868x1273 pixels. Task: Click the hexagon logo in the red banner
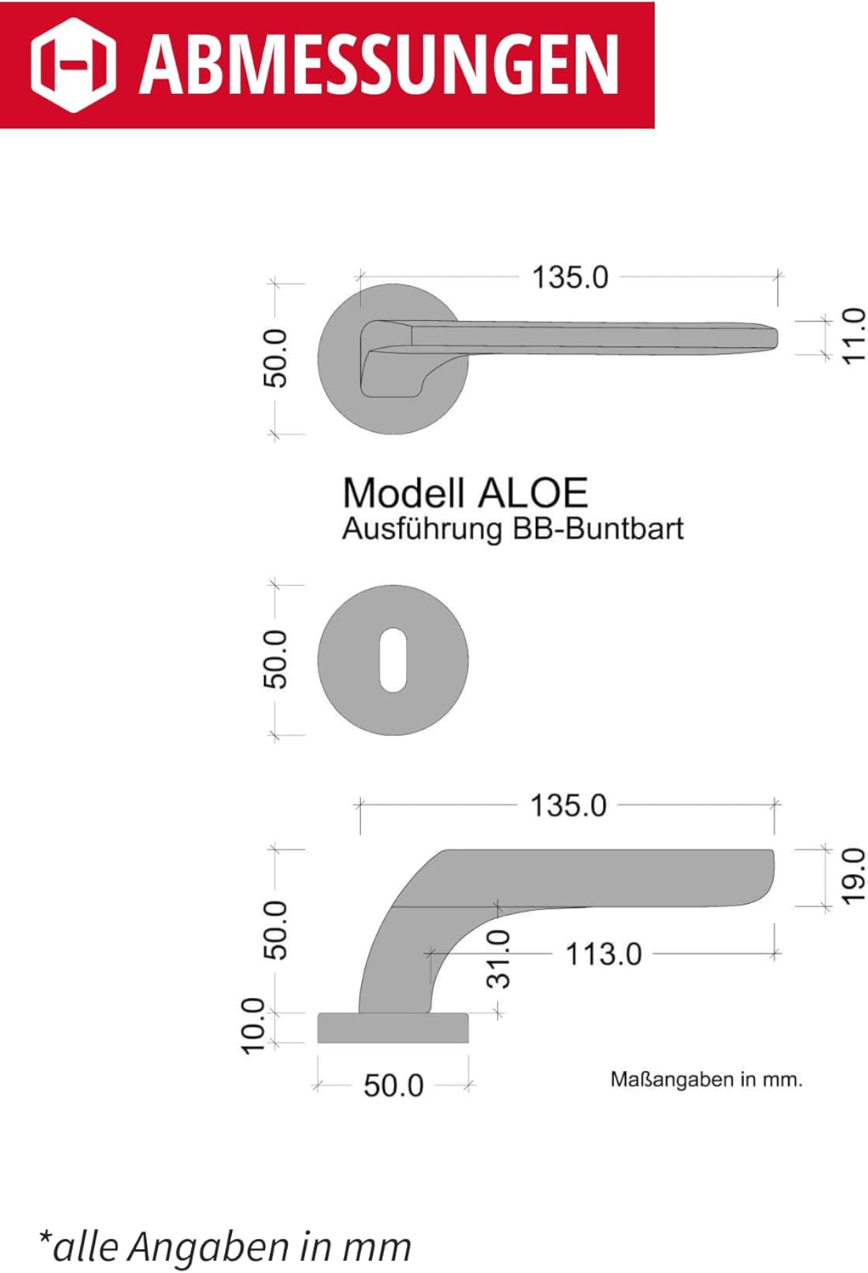[73, 64]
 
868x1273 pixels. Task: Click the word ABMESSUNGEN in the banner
[379, 64]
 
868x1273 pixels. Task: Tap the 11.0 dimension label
[854, 336]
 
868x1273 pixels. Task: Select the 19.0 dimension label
[854, 877]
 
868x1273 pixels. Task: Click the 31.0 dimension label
[499, 959]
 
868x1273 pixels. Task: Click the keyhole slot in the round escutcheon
[392, 660]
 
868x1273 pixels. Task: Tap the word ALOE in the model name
[533, 493]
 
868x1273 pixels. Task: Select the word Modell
[404, 493]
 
